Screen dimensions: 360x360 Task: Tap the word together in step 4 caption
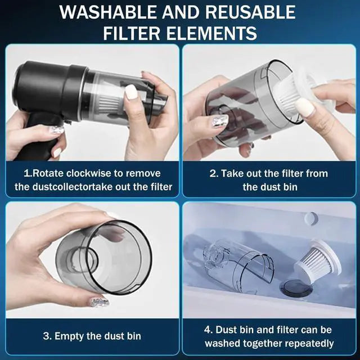(x=252, y=343)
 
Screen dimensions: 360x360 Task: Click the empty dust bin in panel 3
(x=104, y=259)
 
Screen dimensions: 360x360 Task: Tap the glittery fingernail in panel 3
(x=100, y=301)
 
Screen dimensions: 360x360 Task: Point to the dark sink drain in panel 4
(x=296, y=289)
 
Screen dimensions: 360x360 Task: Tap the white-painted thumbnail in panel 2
(x=304, y=107)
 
